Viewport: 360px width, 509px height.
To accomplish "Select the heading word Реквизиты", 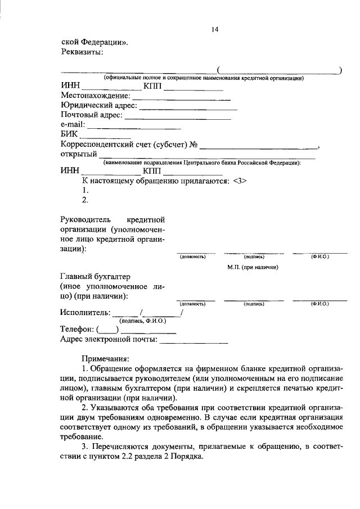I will pos(82,52).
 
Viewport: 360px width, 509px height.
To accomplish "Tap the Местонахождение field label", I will pos(94,96).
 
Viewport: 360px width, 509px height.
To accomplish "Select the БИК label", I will pos(69,134).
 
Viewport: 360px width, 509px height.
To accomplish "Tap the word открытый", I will pos(78,154).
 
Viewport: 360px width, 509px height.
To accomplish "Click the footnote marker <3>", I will pos(239,181).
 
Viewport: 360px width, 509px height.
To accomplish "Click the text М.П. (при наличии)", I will pos(253,267).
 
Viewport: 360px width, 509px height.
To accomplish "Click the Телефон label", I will pos(77,330).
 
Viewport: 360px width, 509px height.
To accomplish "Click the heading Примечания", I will pos(105,358).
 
